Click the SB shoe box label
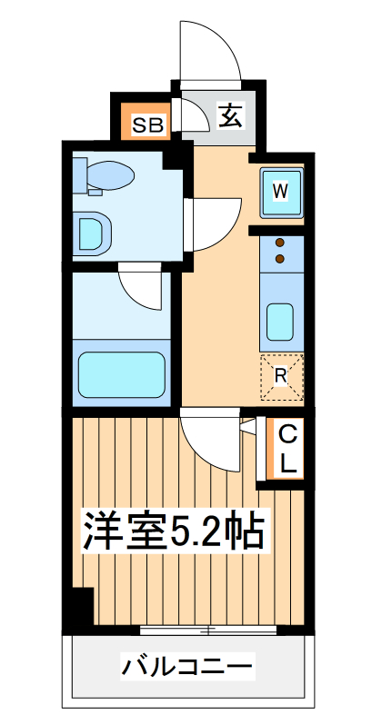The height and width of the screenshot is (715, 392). tap(148, 124)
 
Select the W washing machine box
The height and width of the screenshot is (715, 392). tap(281, 191)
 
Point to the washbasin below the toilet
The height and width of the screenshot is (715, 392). tap(92, 232)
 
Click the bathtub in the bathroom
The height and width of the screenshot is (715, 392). tap(121, 372)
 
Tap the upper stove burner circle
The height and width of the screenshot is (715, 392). tap(280, 243)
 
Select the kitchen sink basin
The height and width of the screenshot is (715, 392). tap(280, 320)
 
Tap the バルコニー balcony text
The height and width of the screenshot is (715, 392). tap(187, 669)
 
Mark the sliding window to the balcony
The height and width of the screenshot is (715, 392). tap(209, 630)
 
